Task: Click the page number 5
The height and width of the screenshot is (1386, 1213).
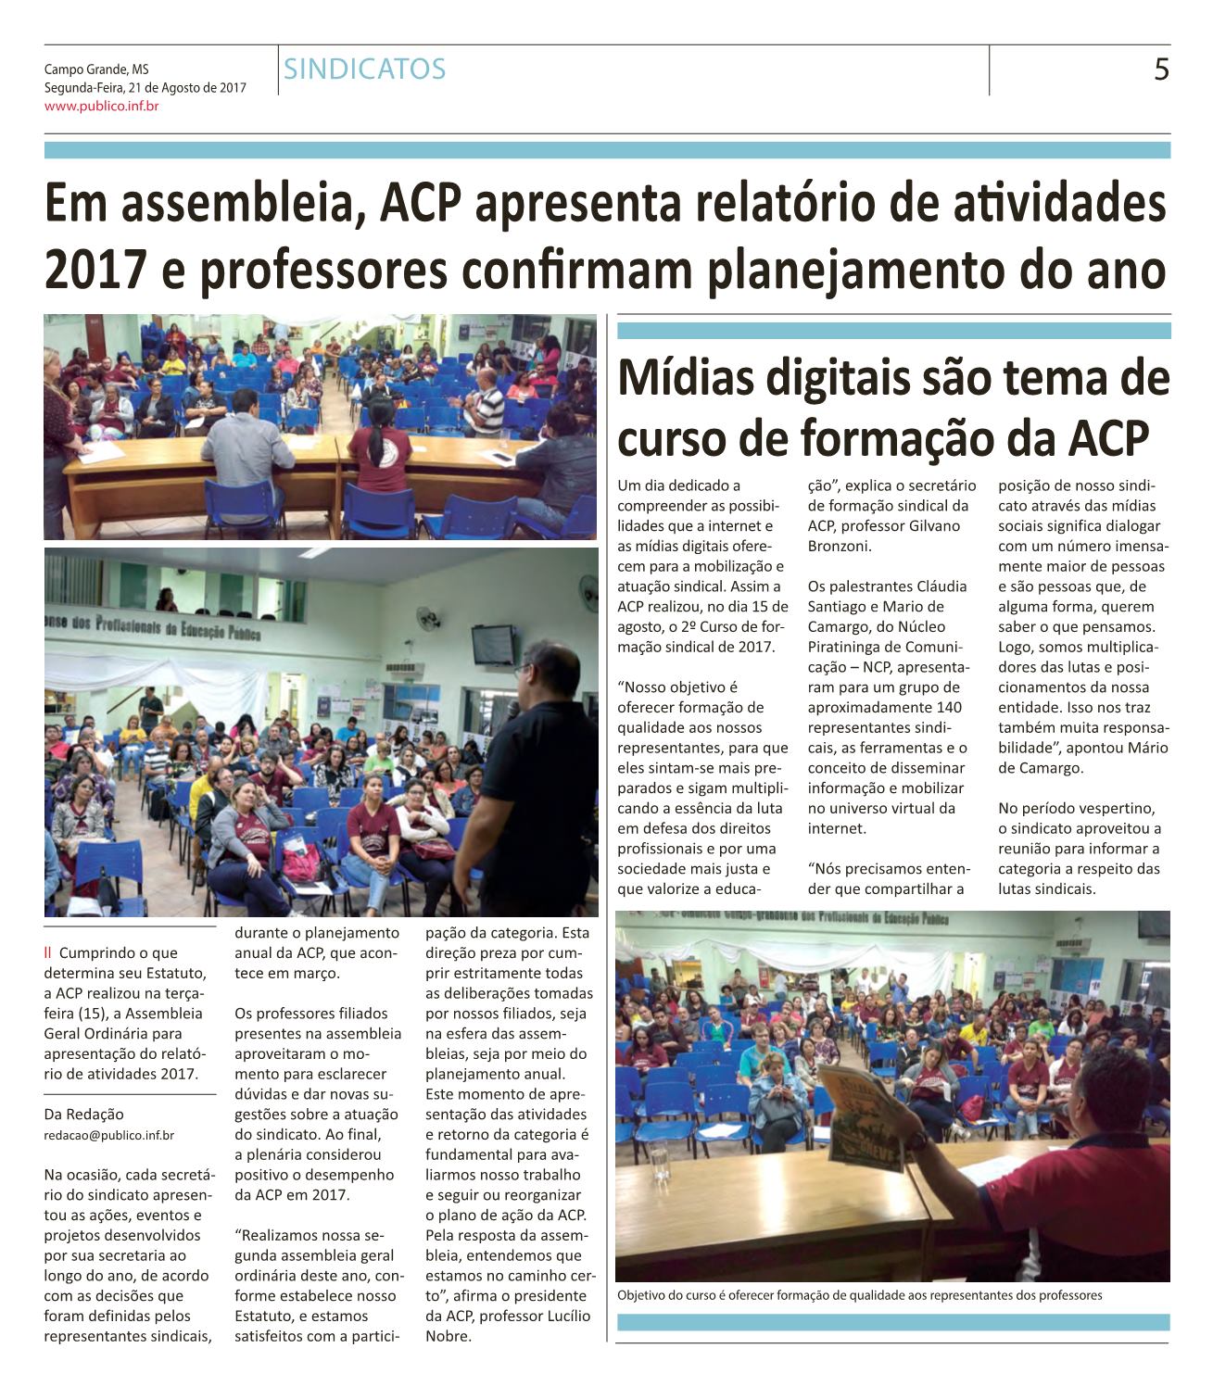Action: click(x=1160, y=70)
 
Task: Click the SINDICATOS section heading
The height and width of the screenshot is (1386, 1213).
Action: click(x=365, y=69)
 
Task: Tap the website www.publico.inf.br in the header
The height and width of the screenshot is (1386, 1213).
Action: click(x=102, y=107)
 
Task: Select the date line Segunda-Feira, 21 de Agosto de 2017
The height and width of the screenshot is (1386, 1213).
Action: click(x=145, y=88)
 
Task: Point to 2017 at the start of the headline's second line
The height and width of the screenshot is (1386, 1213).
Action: click(x=95, y=270)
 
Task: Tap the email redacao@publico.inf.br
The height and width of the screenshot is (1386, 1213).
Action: click(x=109, y=1134)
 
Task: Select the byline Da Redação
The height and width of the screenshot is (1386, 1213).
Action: click(x=83, y=1115)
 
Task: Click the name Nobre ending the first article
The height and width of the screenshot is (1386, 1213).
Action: click(x=448, y=1336)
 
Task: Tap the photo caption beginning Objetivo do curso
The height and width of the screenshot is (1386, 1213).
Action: click(x=859, y=1295)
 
